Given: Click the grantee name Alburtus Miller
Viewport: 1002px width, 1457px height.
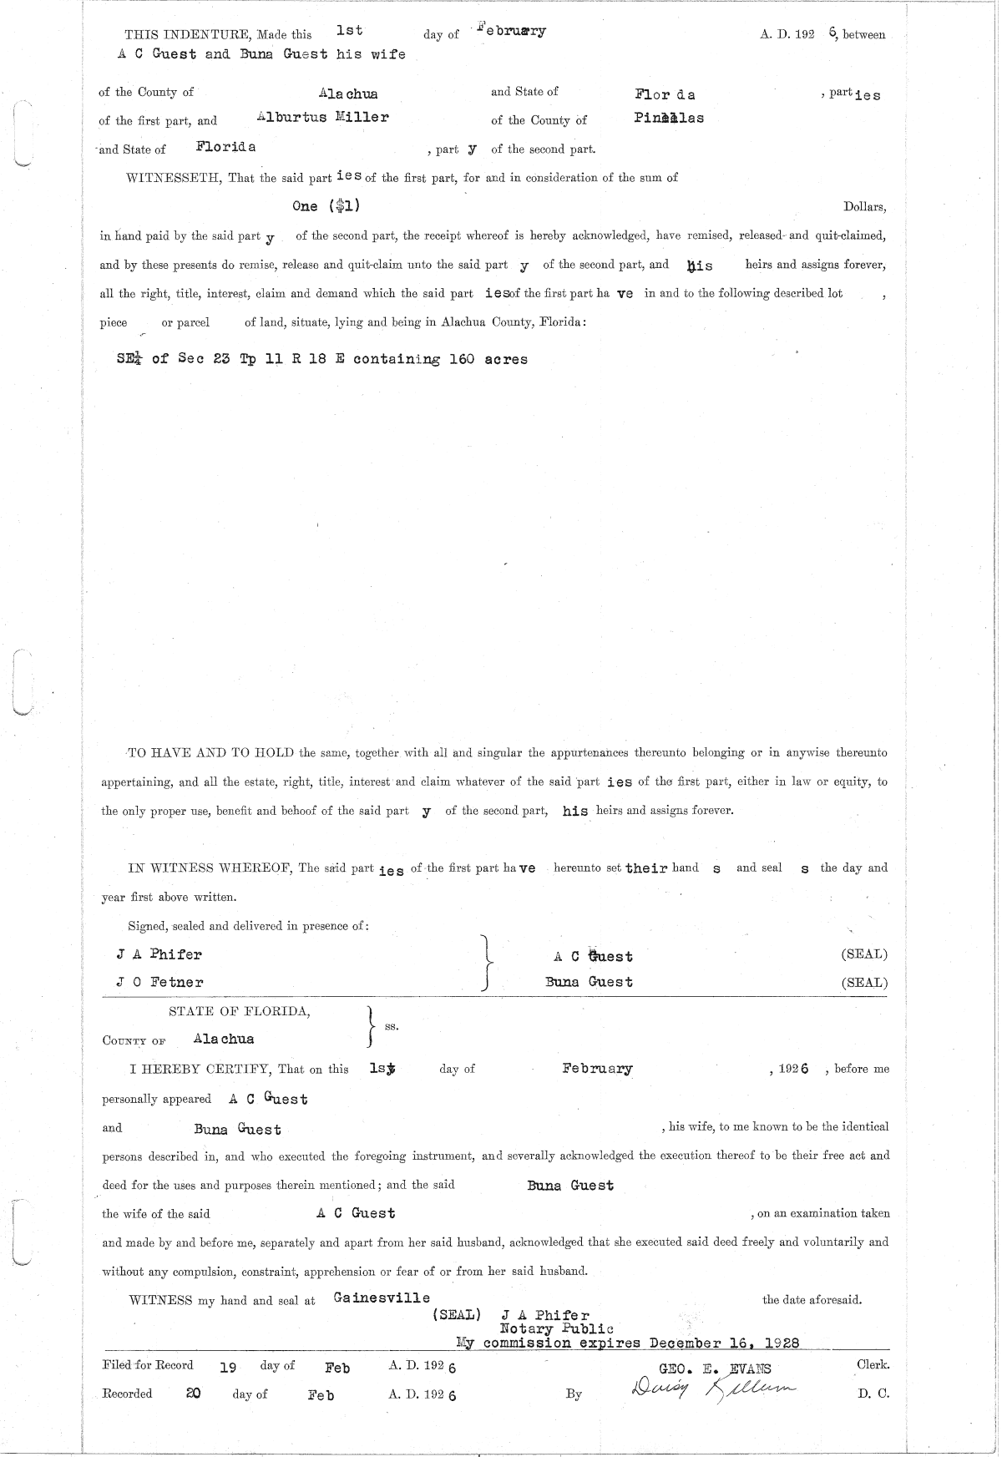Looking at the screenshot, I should point(322,118).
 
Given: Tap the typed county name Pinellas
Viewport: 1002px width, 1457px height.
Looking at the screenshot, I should point(668,118).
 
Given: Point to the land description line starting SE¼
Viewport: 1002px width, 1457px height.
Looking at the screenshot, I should point(322,359).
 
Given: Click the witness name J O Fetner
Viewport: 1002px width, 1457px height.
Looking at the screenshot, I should point(159,982).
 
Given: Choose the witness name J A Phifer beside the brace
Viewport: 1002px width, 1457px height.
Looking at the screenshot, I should point(159,954).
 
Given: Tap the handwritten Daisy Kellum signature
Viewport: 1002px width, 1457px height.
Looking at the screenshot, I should point(714,1390).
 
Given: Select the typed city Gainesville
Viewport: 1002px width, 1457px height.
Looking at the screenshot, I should point(382,1298).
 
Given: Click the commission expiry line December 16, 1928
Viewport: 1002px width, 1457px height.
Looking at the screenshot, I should point(626,1343).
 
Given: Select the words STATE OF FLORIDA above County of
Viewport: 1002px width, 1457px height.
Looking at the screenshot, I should point(240,1012).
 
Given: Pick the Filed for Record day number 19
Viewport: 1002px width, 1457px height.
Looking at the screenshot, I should point(228,1368).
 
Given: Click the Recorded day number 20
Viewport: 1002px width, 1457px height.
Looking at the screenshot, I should point(193,1393).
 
